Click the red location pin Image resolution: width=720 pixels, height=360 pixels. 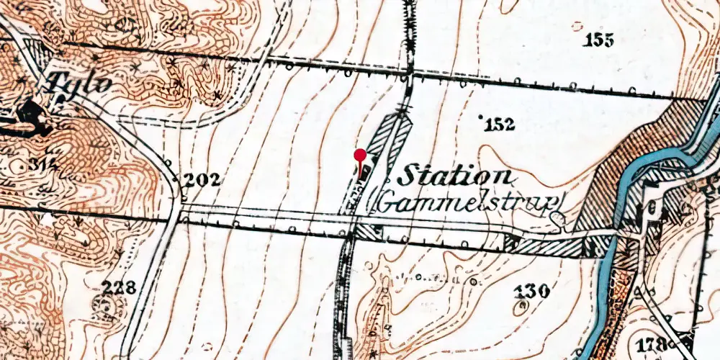360,156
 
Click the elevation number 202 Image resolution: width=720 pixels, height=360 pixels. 201,181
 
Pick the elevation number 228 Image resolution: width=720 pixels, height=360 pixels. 118,289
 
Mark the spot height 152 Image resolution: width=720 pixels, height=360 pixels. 500,125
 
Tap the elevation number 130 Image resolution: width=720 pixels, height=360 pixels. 534,291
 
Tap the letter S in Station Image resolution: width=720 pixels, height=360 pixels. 409,176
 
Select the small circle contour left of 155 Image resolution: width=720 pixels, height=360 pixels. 576,26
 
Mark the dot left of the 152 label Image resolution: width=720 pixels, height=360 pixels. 481,123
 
